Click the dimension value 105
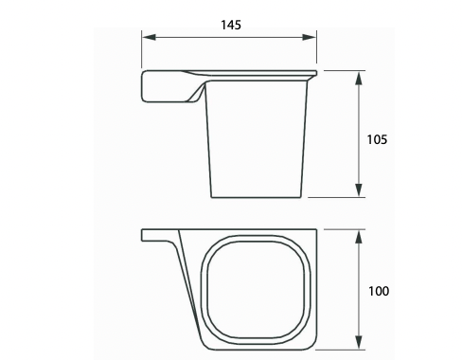[x=377, y=138]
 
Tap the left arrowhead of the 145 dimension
[x=148, y=39]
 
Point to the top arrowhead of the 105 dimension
[x=358, y=76]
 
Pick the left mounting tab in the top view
[x=157, y=234]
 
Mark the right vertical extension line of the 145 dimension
[x=317, y=52]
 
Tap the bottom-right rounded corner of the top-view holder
[x=311, y=341]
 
